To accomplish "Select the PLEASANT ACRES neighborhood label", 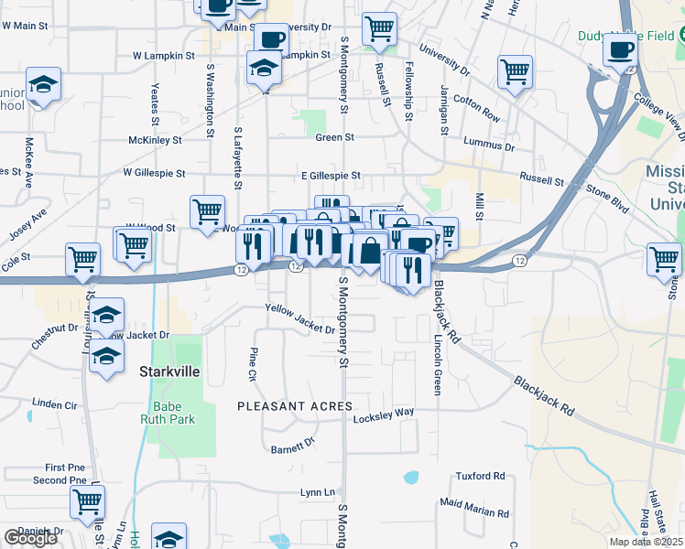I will coord(294,405).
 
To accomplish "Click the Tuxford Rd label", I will coord(481,476).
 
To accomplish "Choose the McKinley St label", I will coord(155,140).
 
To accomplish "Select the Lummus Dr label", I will coord(490,145).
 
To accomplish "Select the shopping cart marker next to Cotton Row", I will coord(515,71).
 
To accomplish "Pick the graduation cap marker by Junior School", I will coord(43,86).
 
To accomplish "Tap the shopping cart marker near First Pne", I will coord(87,501).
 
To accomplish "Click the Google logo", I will coord(30,538).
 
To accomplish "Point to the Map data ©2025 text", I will coord(645,542).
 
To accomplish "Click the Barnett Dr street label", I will coord(293,446).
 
